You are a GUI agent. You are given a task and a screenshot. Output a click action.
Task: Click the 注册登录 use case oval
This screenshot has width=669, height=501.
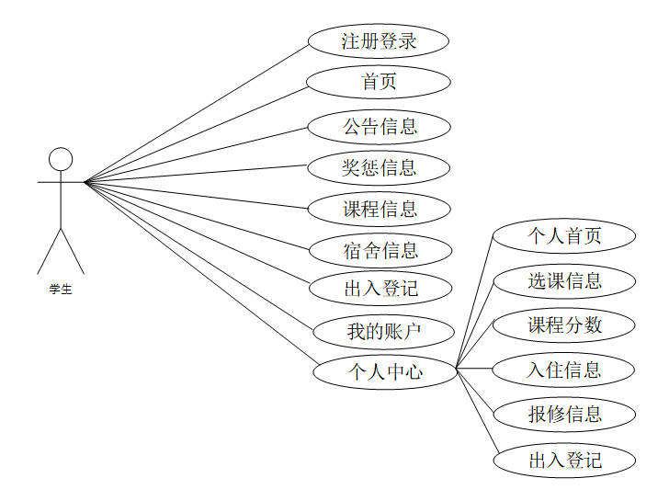point(379,41)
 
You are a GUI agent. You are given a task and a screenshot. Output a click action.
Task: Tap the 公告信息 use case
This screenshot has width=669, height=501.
point(379,127)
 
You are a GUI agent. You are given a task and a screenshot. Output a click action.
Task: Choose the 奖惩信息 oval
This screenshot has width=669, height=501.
point(379,167)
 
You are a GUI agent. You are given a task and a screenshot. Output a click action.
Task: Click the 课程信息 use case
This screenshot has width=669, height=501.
point(379,209)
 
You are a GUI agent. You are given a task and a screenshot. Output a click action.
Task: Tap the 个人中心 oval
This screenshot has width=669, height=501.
point(386,372)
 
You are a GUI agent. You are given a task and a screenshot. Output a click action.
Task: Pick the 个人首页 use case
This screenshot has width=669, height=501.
point(564,236)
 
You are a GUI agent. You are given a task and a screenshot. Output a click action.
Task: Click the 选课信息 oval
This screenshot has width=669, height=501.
point(564,281)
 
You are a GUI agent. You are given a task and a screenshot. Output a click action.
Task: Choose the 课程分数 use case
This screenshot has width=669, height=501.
point(564,325)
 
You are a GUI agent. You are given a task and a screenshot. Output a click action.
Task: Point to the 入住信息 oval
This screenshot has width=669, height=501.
point(564,370)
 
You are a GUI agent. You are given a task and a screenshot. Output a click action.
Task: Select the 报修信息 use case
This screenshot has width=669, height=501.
point(564,414)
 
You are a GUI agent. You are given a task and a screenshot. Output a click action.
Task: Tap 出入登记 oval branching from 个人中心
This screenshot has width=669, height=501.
point(564,460)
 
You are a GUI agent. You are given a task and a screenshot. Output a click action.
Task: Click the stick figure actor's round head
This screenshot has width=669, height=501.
point(61,159)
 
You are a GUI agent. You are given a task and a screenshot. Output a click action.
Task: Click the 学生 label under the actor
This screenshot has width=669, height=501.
point(61,290)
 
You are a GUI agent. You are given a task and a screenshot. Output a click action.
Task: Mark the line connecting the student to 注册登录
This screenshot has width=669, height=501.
point(196,112)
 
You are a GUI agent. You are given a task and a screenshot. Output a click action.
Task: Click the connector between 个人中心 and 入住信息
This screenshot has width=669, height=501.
point(475,369)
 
